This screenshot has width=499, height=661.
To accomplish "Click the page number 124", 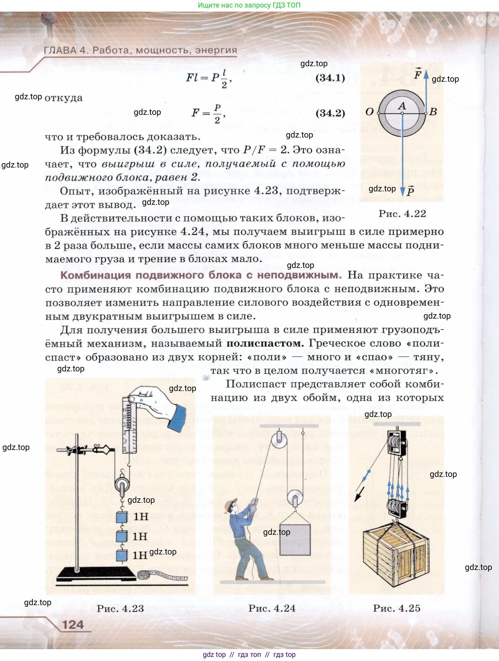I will [x=73, y=625].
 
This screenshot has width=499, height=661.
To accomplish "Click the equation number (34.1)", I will [x=330, y=78].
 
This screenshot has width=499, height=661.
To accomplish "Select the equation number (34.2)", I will [x=330, y=113].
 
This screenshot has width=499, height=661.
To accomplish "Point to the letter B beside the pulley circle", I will [x=433, y=112].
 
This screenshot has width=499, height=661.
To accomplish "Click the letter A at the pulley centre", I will [x=402, y=106].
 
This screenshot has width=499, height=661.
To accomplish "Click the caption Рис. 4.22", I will [x=402, y=214].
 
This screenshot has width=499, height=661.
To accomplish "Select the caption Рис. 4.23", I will [x=120, y=609].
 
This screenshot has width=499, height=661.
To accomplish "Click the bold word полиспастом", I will [x=265, y=343].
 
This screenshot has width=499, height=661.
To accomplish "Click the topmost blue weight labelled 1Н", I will [x=122, y=517].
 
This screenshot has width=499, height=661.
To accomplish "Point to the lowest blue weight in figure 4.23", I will [x=121, y=555].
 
